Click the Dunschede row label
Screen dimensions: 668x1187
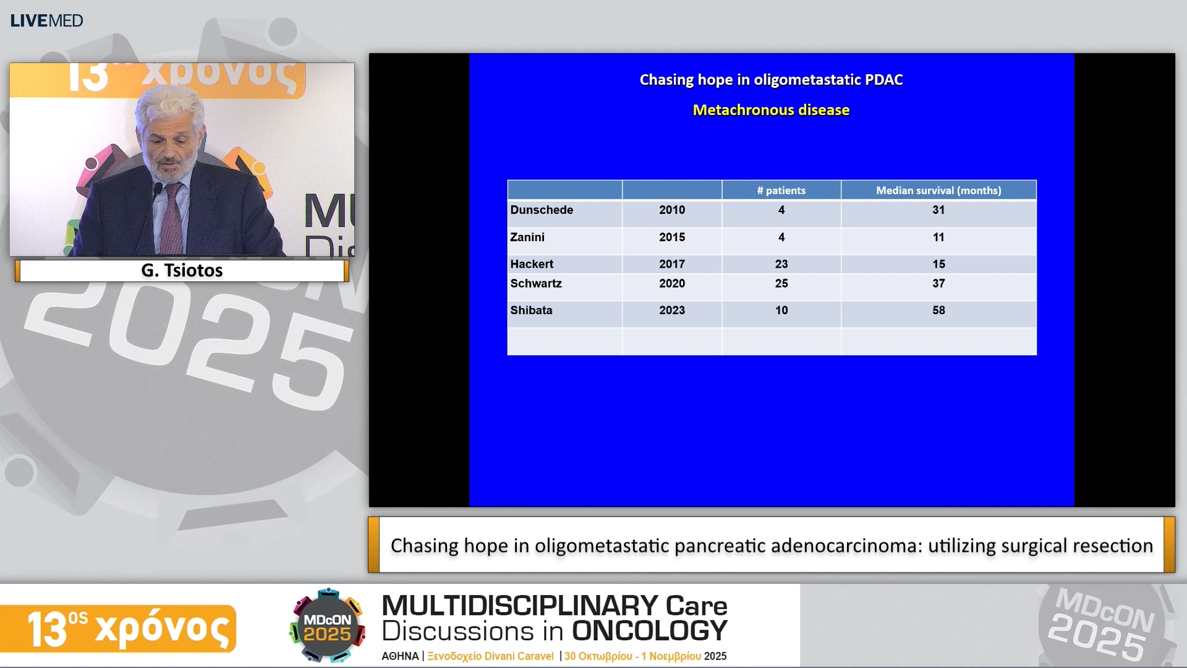(x=542, y=210)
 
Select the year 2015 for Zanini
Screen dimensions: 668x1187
(x=672, y=238)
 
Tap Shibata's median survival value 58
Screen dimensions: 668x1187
(x=938, y=310)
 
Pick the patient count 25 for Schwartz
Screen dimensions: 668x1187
(x=781, y=284)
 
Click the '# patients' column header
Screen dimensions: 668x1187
(x=781, y=191)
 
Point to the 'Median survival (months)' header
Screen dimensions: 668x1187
(x=938, y=191)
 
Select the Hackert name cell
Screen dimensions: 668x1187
(x=532, y=264)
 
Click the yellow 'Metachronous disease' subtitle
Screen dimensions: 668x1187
(x=771, y=110)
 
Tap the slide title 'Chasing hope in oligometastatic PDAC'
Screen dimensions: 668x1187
(x=771, y=80)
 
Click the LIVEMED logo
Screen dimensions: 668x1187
(x=46, y=21)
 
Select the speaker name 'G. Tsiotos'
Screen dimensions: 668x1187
(x=182, y=270)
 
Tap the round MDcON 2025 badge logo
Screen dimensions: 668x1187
(x=327, y=626)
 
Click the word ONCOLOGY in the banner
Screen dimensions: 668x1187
(x=649, y=632)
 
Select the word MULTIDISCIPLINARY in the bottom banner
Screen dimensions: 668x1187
(x=520, y=605)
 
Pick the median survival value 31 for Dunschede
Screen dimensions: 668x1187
(x=938, y=210)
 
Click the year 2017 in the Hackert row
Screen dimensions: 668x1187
(x=672, y=264)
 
